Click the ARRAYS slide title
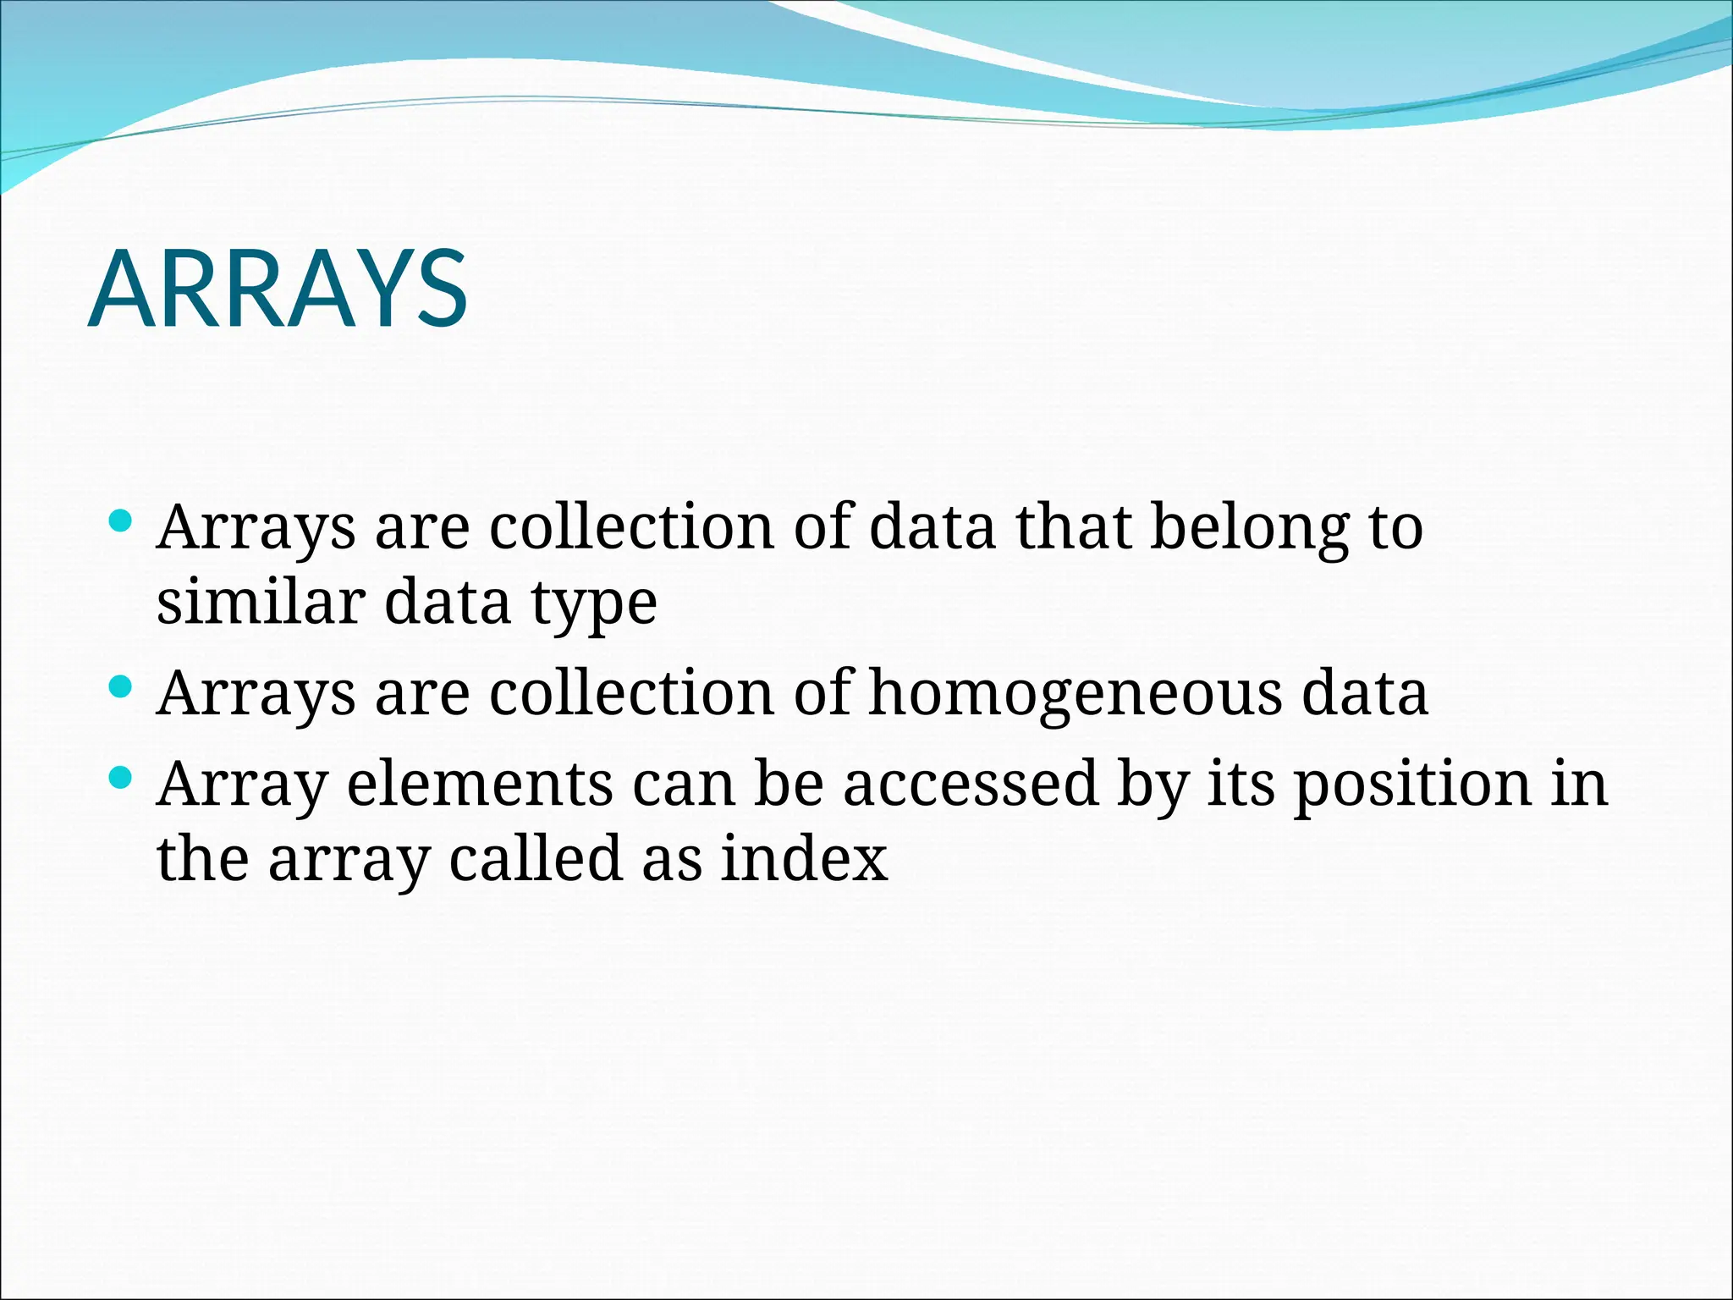278,289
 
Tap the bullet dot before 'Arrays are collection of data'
122,521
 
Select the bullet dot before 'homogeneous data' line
122,686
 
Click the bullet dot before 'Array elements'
122,777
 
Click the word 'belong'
1249,528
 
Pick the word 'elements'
480,784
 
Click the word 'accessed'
971,784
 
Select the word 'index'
804,859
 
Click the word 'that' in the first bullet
1073,526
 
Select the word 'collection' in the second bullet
631,694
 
